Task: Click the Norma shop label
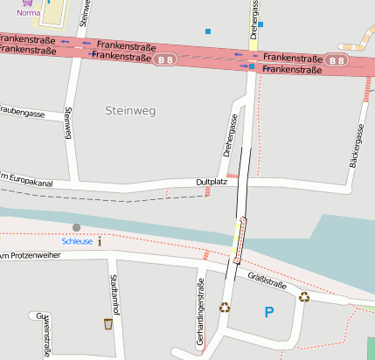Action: (x=28, y=14)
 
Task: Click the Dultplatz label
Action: (x=212, y=183)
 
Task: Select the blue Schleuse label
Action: (x=76, y=241)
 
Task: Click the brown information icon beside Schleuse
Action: (x=100, y=241)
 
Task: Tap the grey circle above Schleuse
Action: (x=76, y=228)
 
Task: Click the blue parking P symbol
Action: (x=268, y=312)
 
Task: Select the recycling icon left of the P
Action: (x=225, y=307)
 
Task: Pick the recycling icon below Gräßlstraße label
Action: (x=304, y=296)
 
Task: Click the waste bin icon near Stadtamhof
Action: (x=108, y=324)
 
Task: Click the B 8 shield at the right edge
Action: (x=338, y=59)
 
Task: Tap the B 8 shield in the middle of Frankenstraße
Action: (x=164, y=59)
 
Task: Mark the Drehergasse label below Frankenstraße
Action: (x=230, y=136)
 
